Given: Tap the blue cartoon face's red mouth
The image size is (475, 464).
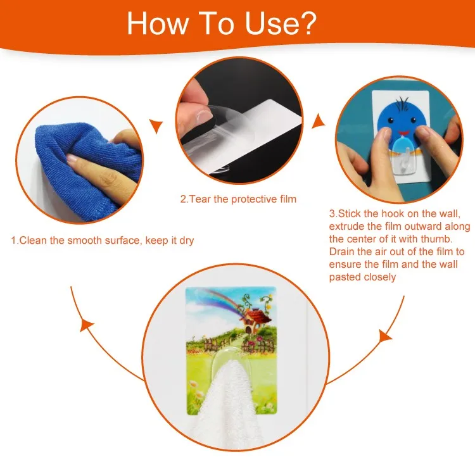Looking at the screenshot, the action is point(403,133).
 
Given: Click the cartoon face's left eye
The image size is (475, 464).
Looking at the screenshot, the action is point(391,120).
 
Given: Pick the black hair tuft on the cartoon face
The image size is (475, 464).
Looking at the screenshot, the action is point(403,101).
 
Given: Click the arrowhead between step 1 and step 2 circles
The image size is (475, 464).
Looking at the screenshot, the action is point(157,126).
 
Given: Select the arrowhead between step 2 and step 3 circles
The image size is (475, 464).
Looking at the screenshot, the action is point(317,121).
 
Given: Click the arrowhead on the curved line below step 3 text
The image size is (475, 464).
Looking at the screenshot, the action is point(385,336).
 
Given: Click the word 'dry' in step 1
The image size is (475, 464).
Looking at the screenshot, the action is point(187,241).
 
